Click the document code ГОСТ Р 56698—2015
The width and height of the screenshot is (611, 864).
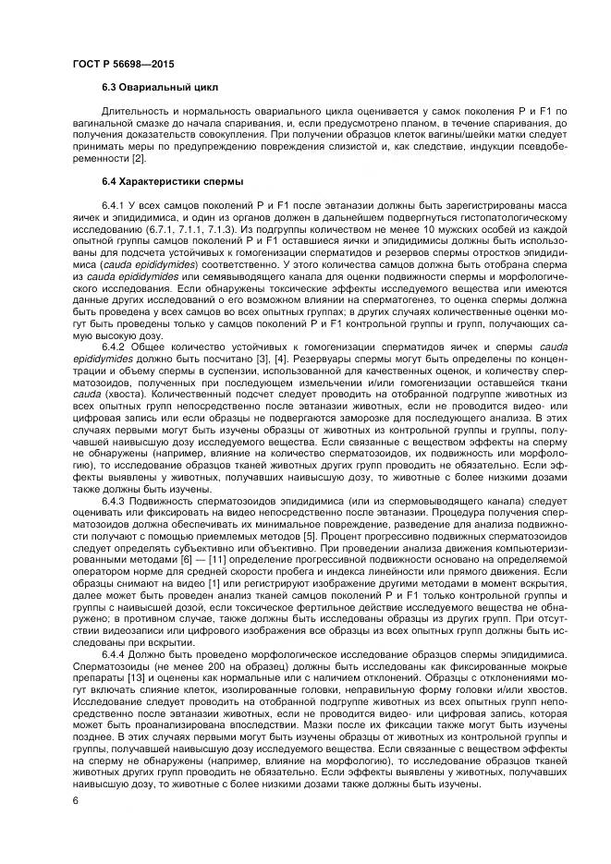point(123,64)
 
